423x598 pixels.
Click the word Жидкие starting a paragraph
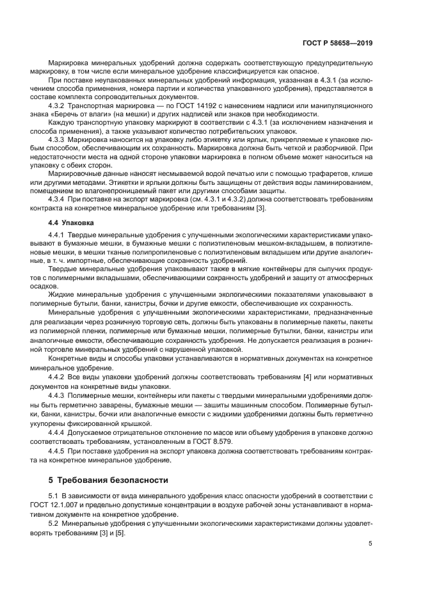coord(62,294)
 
